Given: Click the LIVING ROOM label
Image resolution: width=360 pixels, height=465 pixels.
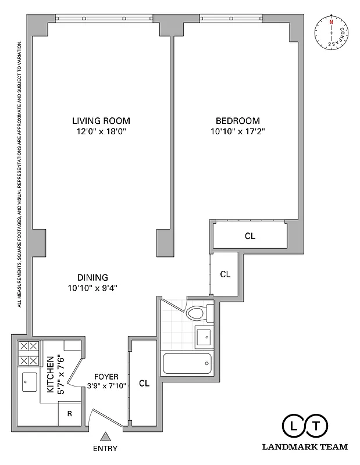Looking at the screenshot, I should point(101,121).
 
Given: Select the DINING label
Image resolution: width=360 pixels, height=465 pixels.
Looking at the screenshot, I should point(92,277).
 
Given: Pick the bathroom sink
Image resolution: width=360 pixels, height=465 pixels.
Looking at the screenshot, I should point(204,337).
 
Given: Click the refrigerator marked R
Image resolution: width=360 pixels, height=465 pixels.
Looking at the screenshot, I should point(69,414).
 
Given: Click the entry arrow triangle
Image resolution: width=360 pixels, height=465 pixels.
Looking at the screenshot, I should point(105,436).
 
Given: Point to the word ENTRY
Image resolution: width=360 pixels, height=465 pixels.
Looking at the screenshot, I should point(105,448).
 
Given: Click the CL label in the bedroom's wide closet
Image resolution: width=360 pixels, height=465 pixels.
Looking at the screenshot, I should point(249,236).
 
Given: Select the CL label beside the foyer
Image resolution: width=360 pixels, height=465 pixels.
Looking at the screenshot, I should point(144,384).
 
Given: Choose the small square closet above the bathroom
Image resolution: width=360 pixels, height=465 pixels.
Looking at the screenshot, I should point(224,274).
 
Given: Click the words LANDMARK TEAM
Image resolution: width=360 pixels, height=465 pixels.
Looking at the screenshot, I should point(305,447).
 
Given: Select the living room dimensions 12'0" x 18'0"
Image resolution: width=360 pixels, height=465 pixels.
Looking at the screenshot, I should point(101,132).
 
